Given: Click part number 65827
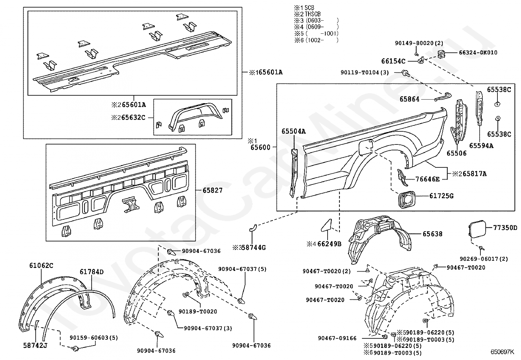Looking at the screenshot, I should click(212, 190).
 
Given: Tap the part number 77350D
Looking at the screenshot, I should click(505, 228).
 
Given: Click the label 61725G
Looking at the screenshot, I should click(441, 196).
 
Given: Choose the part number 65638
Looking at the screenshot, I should click(432, 234).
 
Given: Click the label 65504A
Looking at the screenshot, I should click(294, 131).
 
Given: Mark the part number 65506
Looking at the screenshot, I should click(457, 153).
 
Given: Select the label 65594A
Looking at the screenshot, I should click(481, 146).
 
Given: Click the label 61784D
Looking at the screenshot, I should click(92, 272).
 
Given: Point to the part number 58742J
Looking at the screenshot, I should click(35, 345).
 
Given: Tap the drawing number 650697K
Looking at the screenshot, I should click(502, 352).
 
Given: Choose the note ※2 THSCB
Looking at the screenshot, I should click(307, 14).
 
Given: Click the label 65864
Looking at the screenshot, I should click(409, 99).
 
